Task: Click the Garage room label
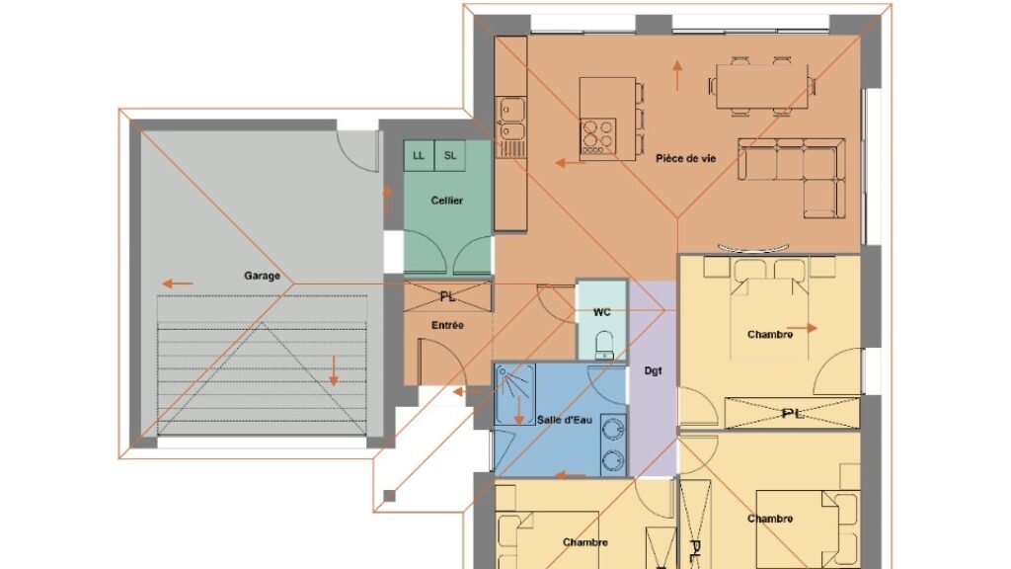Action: [x=262, y=276]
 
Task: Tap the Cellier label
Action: [x=447, y=201]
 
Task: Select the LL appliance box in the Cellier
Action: [x=419, y=155]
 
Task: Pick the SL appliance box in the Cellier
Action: [x=450, y=155]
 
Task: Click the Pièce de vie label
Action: [x=685, y=158]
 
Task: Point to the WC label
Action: [x=601, y=312]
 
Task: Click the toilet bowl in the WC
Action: [x=604, y=345]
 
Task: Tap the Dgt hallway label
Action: [x=653, y=371]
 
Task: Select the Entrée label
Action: [x=447, y=325]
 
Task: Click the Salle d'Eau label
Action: [x=564, y=420]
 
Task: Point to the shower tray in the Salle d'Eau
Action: [x=514, y=394]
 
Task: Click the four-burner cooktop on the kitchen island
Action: [x=597, y=136]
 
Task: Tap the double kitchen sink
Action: [x=512, y=119]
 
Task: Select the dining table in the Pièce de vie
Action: [x=761, y=87]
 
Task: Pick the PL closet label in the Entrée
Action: [x=447, y=296]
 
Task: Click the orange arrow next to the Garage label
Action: [x=178, y=284]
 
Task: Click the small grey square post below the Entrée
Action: [x=389, y=496]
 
